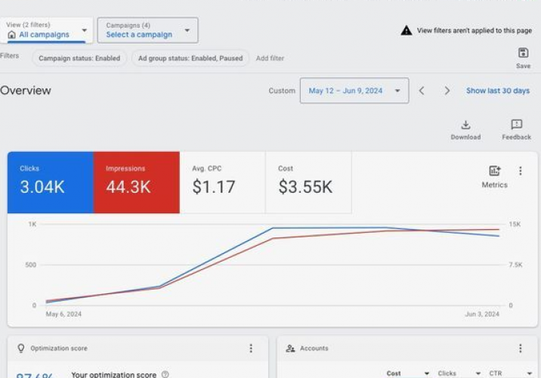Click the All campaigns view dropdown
pyautogui.click(x=47, y=30)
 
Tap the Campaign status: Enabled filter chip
pyautogui.click(x=79, y=58)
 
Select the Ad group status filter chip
pyautogui.click(x=190, y=58)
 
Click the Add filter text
pyautogui.click(x=270, y=58)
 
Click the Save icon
pyautogui.click(x=523, y=53)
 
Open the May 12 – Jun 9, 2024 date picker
pyautogui.click(x=354, y=91)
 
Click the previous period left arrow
pyautogui.click(x=422, y=91)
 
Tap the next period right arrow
pyautogui.click(x=447, y=91)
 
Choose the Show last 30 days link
pyautogui.click(x=497, y=91)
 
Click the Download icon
pyautogui.click(x=465, y=125)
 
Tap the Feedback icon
pyautogui.click(x=516, y=125)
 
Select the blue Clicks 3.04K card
pyautogui.click(x=50, y=182)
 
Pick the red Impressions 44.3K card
pyautogui.click(x=136, y=182)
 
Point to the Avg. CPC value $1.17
pyautogui.click(x=213, y=187)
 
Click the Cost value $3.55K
pyautogui.click(x=305, y=187)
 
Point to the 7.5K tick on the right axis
pyautogui.click(x=515, y=265)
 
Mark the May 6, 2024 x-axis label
pyautogui.click(x=63, y=314)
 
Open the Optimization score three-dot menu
pyautogui.click(x=251, y=349)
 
